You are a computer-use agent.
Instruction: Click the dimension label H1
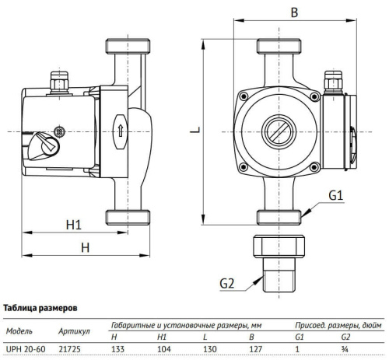click(73, 225)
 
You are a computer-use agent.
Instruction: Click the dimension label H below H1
click(86, 248)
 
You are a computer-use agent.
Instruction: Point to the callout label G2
click(226, 284)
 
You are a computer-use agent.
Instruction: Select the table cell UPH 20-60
click(26, 348)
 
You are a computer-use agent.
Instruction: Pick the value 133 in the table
click(118, 348)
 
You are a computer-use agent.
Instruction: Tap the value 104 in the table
click(164, 348)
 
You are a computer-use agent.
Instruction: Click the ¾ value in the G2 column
click(345, 348)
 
